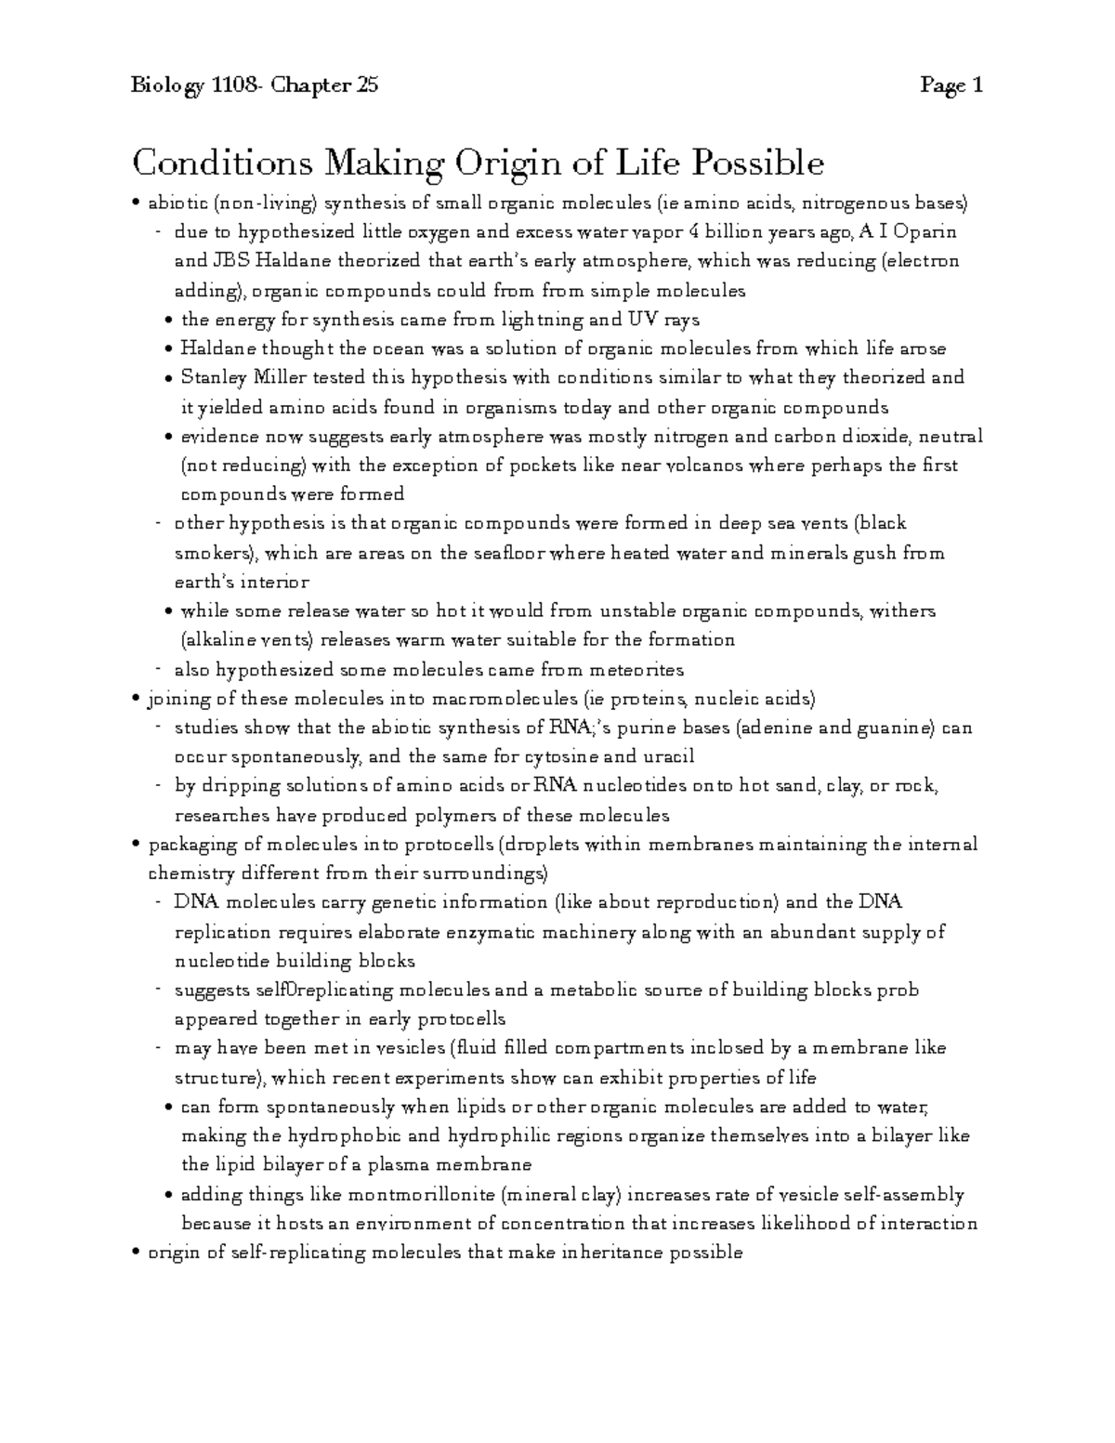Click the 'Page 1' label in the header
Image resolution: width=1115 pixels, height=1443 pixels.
951,86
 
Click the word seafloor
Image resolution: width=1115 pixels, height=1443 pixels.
507,554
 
